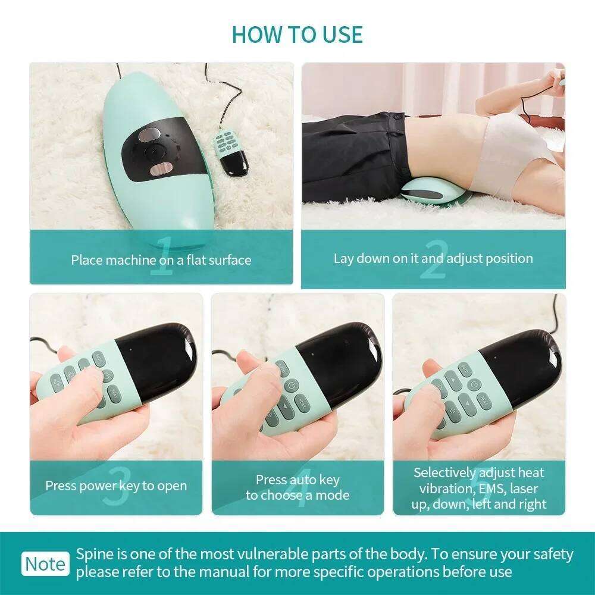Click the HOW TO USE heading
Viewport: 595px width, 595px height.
click(x=297, y=34)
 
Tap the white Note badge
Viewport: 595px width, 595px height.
click(x=45, y=563)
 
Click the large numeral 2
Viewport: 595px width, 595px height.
click(x=433, y=259)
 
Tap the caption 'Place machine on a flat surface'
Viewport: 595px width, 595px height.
click(x=161, y=259)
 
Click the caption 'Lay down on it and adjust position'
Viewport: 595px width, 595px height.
click(x=433, y=258)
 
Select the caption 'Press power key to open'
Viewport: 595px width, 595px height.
click(x=116, y=486)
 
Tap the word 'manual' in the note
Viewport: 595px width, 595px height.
click(x=258, y=572)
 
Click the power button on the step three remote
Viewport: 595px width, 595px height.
click(x=107, y=375)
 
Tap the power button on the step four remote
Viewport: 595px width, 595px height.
click(x=290, y=387)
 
